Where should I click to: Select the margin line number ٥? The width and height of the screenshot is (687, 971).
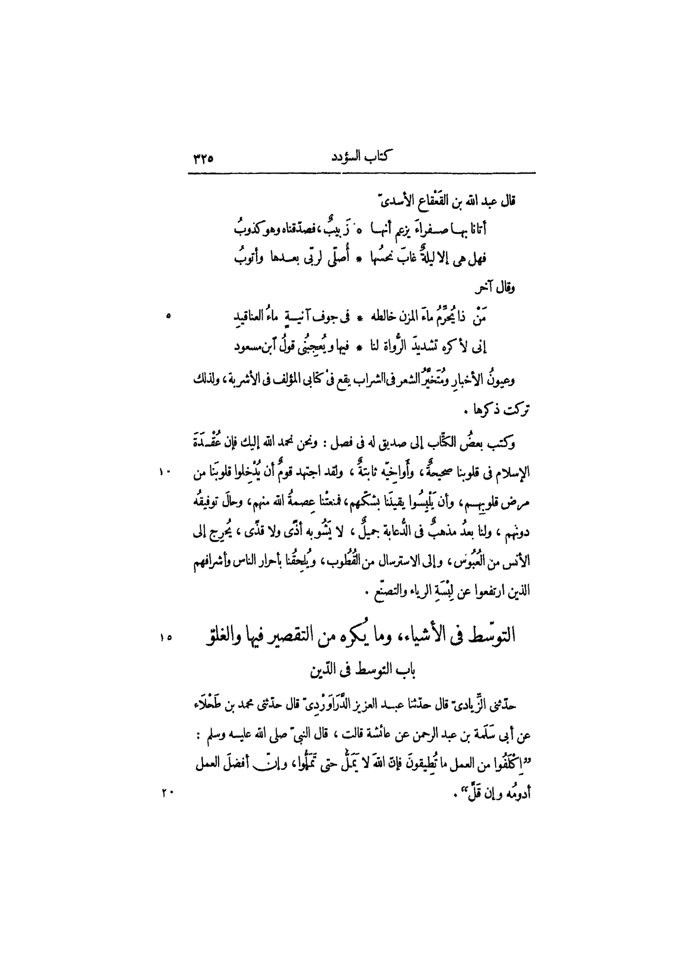[168, 317]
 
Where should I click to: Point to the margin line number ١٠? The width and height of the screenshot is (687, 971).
[167, 472]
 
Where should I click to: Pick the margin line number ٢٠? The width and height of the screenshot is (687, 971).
[167, 791]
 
